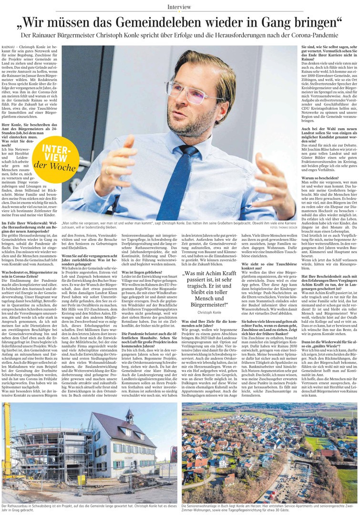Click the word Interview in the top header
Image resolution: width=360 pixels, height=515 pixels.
[179, 7]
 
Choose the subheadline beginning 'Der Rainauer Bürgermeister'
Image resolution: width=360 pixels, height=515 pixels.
[179, 36]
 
